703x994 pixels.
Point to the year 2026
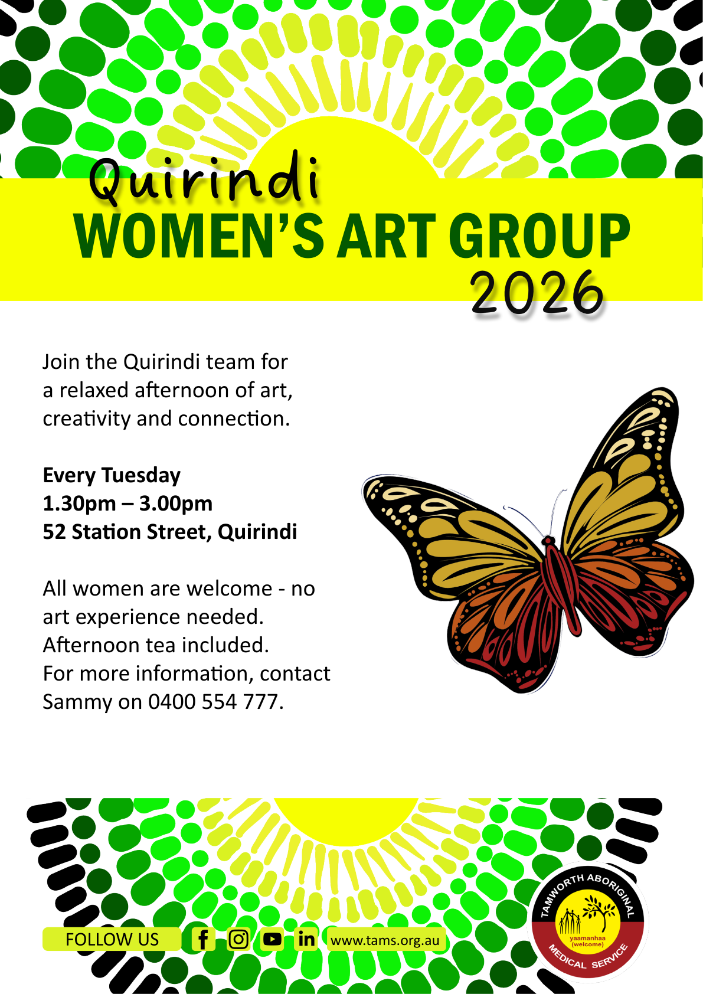point(537,292)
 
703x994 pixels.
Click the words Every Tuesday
point(112,476)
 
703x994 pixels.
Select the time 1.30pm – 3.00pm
point(127,503)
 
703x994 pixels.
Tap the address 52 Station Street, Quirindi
point(169,532)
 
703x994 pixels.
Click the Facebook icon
point(203,940)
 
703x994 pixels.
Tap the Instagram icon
point(238,940)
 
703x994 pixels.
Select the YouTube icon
point(272,940)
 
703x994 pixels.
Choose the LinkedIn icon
point(306,940)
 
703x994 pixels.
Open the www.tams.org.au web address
point(385,940)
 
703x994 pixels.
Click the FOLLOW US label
point(112,940)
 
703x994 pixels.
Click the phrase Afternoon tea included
point(156,645)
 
